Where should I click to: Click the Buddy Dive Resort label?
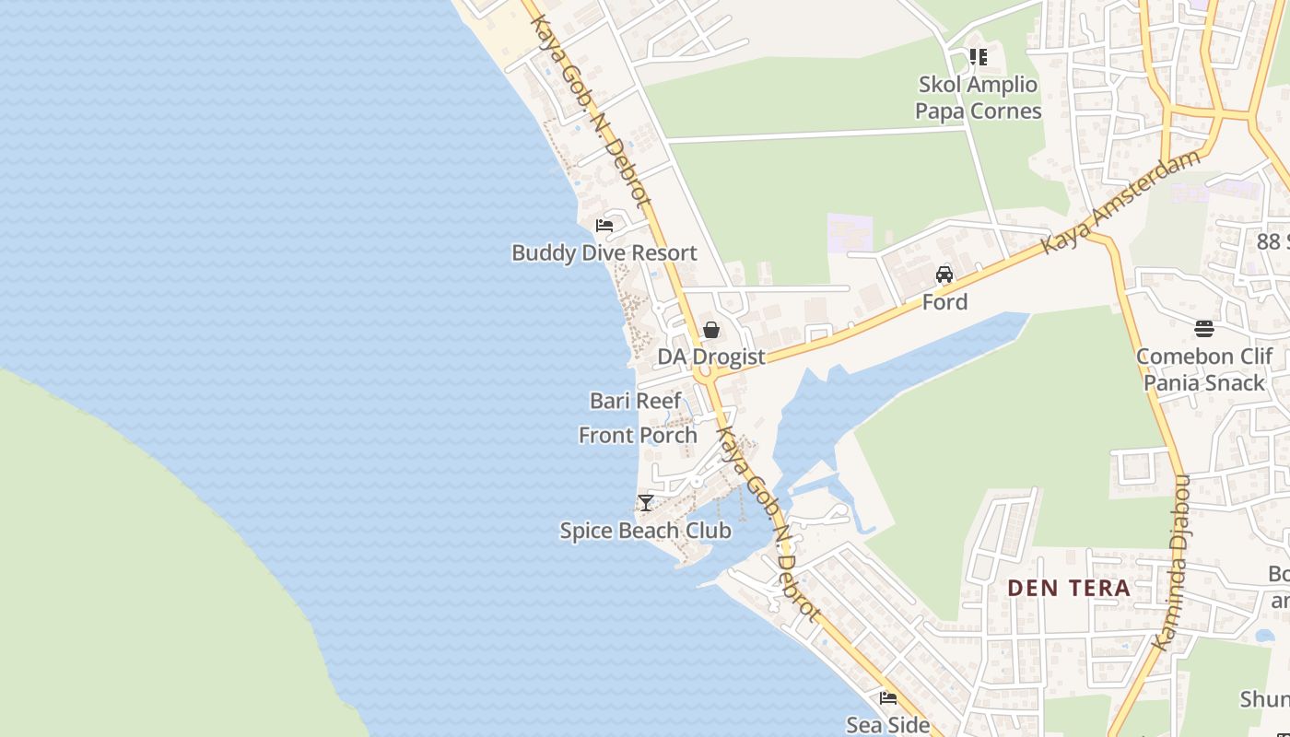(604, 252)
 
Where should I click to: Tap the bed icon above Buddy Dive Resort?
(604, 225)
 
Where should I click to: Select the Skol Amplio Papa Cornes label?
(978, 98)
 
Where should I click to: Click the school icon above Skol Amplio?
(979, 57)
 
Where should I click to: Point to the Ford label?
(944, 302)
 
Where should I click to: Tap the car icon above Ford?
(944, 275)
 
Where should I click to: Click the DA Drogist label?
(710, 357)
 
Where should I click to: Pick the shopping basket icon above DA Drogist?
(711, 330)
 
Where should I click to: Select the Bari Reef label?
(635, 401)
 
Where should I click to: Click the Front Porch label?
(638, 435)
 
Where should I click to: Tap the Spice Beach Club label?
(645, 531)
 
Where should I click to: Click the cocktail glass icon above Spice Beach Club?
(646, 503)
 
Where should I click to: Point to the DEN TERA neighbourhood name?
(1068, 588)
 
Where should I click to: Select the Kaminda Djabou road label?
(1173, 562)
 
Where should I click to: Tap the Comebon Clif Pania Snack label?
(1203, 369)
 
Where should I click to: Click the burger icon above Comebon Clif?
(1203, 329)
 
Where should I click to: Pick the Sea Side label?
(887, 725)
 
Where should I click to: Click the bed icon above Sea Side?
(888, 698)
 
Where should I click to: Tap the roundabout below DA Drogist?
(706, 375)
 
